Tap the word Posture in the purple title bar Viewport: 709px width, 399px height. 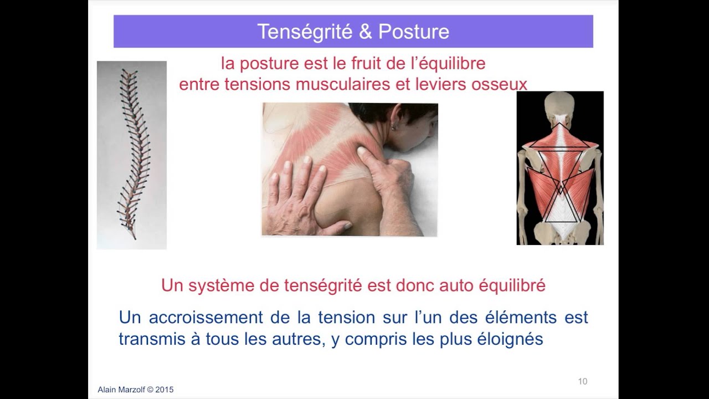413,32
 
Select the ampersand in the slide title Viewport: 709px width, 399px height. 365,32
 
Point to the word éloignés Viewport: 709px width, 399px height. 510,339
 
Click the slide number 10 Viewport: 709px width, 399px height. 582,381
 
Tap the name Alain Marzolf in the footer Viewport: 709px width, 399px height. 121,390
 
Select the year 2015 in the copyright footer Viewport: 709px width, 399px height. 165,390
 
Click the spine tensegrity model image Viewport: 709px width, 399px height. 132,155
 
